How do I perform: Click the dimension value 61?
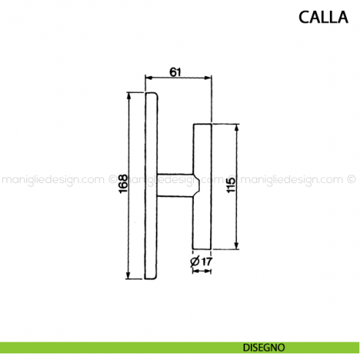point(176,70)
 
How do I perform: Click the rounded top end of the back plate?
point(151,95)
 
